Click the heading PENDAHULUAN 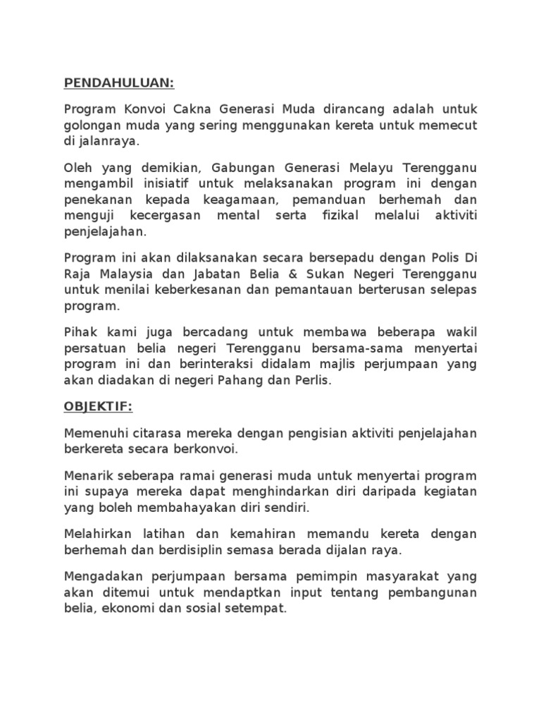(118, 84)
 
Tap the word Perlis (313, 381)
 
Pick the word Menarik (87, 476)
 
